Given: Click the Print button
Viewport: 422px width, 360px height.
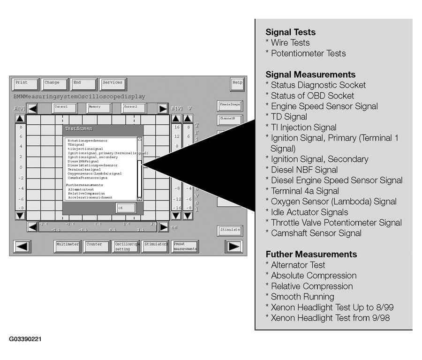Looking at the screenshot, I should (x=25, y=84).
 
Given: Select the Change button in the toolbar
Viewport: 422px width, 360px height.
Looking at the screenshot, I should (x=54, y=84).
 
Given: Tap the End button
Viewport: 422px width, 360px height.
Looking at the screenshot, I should (x=83, y=84).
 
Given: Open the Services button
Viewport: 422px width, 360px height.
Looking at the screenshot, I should (x=113, y=84).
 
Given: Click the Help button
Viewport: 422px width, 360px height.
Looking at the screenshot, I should (x=237, y=84).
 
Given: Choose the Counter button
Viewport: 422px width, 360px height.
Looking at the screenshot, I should (x=96, y=247).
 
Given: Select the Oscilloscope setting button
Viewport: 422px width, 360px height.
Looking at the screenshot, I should (x=126, y=247).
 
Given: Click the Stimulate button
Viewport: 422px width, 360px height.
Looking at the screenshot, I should (x=230, y=230).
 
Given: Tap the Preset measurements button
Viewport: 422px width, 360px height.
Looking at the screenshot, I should (x=184, y=247).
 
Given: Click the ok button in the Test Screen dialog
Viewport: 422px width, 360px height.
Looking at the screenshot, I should (x=126, y=208).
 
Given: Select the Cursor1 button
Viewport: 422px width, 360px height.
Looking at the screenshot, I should (x=64, y=108).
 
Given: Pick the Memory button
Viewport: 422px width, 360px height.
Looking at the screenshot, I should (x=98, y=108).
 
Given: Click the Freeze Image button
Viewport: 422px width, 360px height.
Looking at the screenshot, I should (x=230, y=105).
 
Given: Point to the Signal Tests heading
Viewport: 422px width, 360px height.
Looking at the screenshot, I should (x=290, y=32).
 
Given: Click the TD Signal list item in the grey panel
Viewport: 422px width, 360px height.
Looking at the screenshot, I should (x=289, y=117).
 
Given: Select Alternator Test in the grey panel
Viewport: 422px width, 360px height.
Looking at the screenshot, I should (x=298, y=265).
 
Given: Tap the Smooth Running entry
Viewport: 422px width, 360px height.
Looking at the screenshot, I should (x=302, y=297).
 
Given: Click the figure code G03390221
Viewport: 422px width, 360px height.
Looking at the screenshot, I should (x=25, y=338).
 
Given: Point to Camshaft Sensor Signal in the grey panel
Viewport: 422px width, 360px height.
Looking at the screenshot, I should (x=316, y=233).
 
